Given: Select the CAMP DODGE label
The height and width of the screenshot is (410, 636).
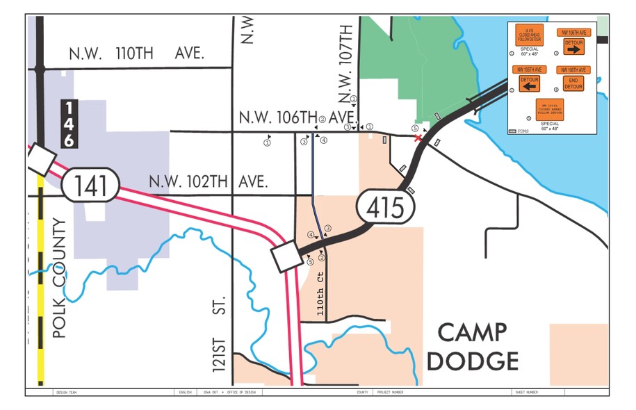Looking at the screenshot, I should pyautogui.click(x=473, y=347).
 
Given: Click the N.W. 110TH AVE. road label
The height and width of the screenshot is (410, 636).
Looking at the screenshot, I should pyautogui.click(x=136, y=54).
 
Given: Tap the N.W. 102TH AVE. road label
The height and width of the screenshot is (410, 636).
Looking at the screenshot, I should pyautogui.click(x=209, y=182).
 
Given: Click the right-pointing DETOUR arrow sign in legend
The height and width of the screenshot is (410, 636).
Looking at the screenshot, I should pyautogui.click(x=573, y=47).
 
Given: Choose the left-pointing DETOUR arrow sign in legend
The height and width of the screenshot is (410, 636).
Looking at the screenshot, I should pyautogui.click(x=530, y=83).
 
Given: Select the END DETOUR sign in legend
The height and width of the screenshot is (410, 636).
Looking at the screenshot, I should pyautogui.click(x=573, y=83).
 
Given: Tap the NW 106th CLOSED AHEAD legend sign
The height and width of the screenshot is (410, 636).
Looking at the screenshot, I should pyautogui.click(x=549, y=110).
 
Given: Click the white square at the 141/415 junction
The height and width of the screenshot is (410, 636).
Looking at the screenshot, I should pyautogui.click(x=286, y=258).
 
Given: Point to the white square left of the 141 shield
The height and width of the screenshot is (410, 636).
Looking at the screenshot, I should pyautogui.click(x=42, y=161).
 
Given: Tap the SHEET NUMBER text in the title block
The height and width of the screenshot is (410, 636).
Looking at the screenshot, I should pyautogui.click(x=526, y=392).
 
